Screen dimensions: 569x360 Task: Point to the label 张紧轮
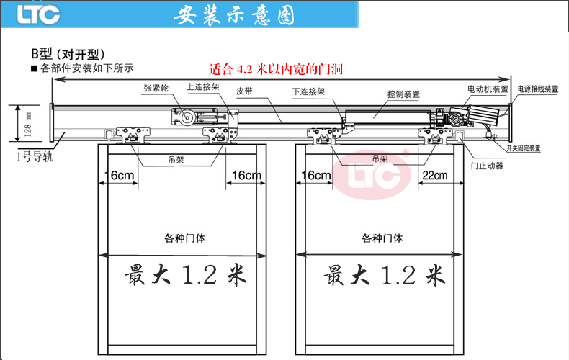[156, 88]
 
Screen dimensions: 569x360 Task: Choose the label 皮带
[246, 91]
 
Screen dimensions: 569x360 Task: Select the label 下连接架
[308, 92]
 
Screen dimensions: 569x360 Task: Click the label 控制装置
[403, 94]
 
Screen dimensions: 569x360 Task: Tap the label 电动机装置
[488, 89]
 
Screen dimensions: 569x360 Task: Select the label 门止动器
[487, 166]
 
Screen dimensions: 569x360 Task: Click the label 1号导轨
[35, 156]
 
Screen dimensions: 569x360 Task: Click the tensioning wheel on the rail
[184, 117]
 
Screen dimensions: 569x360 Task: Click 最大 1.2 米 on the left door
[186, 275]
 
